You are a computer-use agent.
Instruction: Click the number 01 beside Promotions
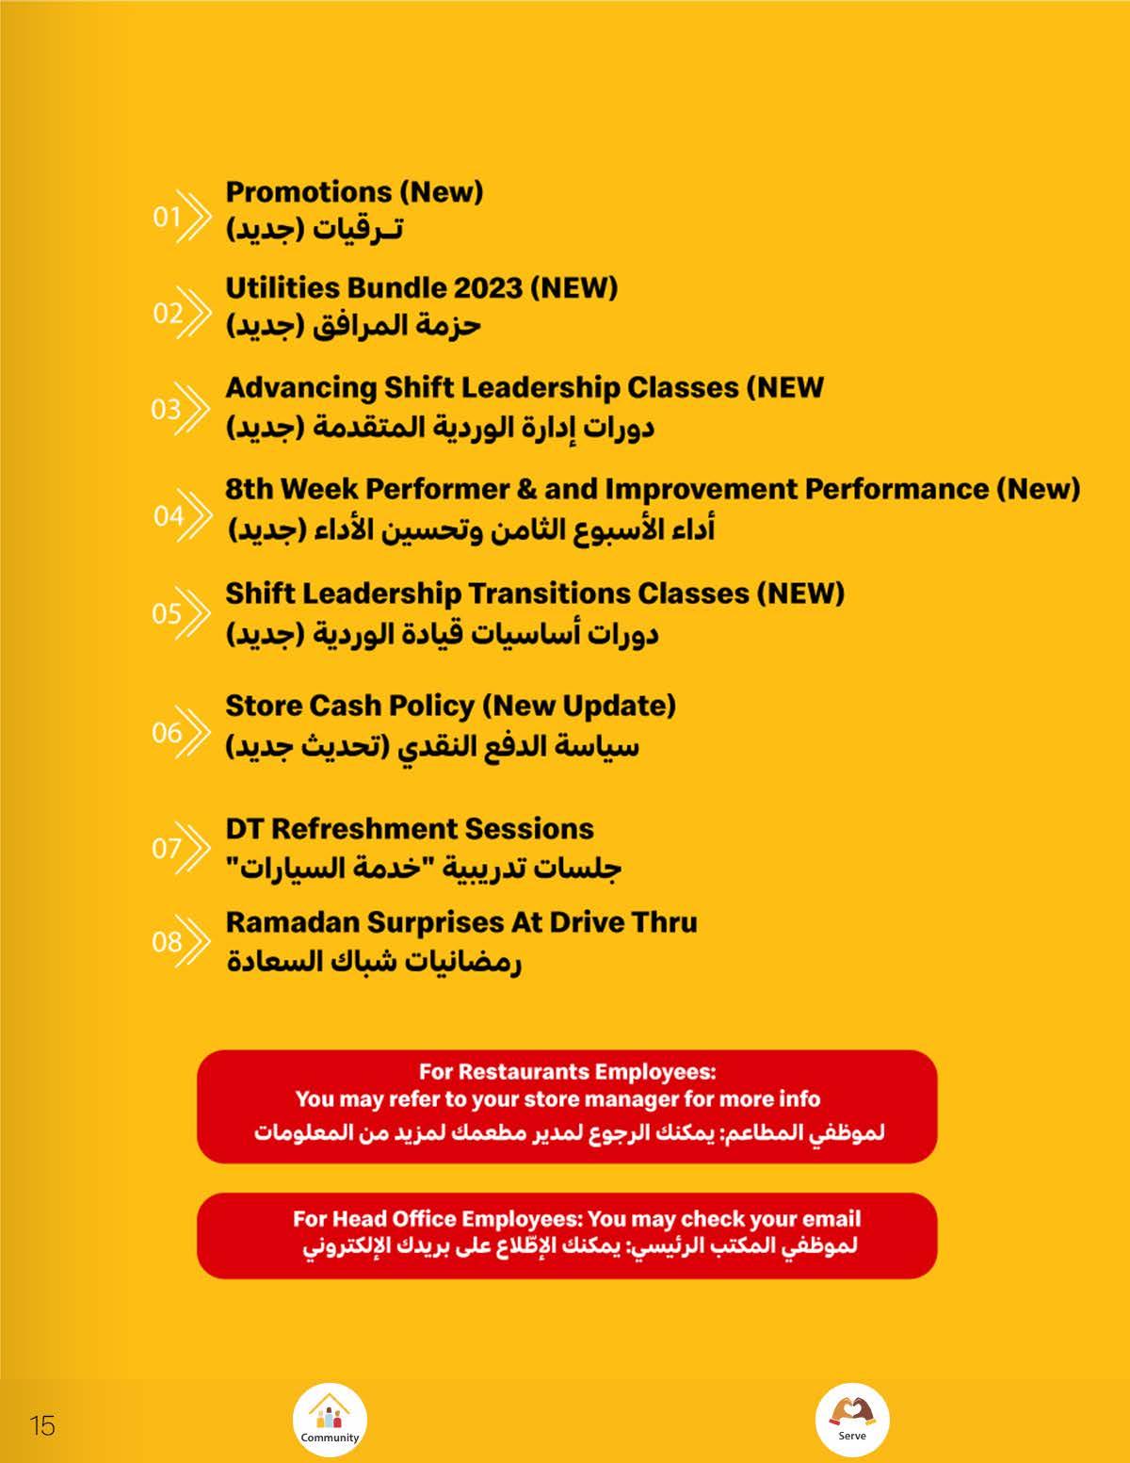click(167, 217)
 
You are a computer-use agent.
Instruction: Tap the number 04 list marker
click(169, 515)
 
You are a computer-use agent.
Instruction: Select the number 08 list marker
click(167, 941)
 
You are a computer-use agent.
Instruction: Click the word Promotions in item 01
click(308, 192)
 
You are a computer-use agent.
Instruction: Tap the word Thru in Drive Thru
click(664, 922)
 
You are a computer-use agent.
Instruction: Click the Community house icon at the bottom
click(329, 1418)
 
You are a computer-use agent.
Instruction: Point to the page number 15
click(42, 1425)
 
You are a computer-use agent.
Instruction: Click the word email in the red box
click(831, 1219)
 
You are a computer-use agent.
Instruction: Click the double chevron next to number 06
click(196, 732)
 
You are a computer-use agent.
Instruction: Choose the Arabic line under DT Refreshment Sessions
click(423, 868)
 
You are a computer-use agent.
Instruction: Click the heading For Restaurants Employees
click(567, 1071)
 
